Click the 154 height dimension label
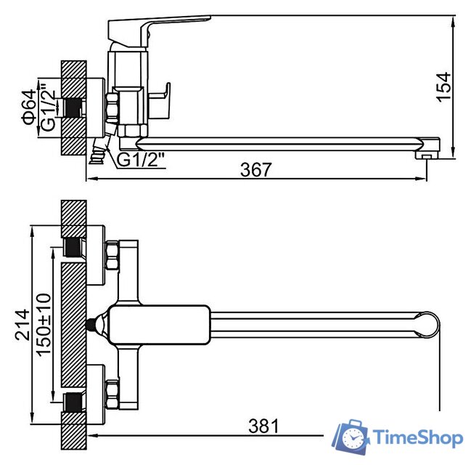coord(443,87)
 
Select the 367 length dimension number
coord(256,169)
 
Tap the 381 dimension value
coord(263,426)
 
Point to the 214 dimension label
coord(22,325)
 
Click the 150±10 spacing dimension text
coord(44,325)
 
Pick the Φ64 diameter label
coord(29,108)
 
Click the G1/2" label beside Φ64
coord(48,108)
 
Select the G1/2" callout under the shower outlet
coord(141,160)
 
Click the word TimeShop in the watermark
coord(418,437)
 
